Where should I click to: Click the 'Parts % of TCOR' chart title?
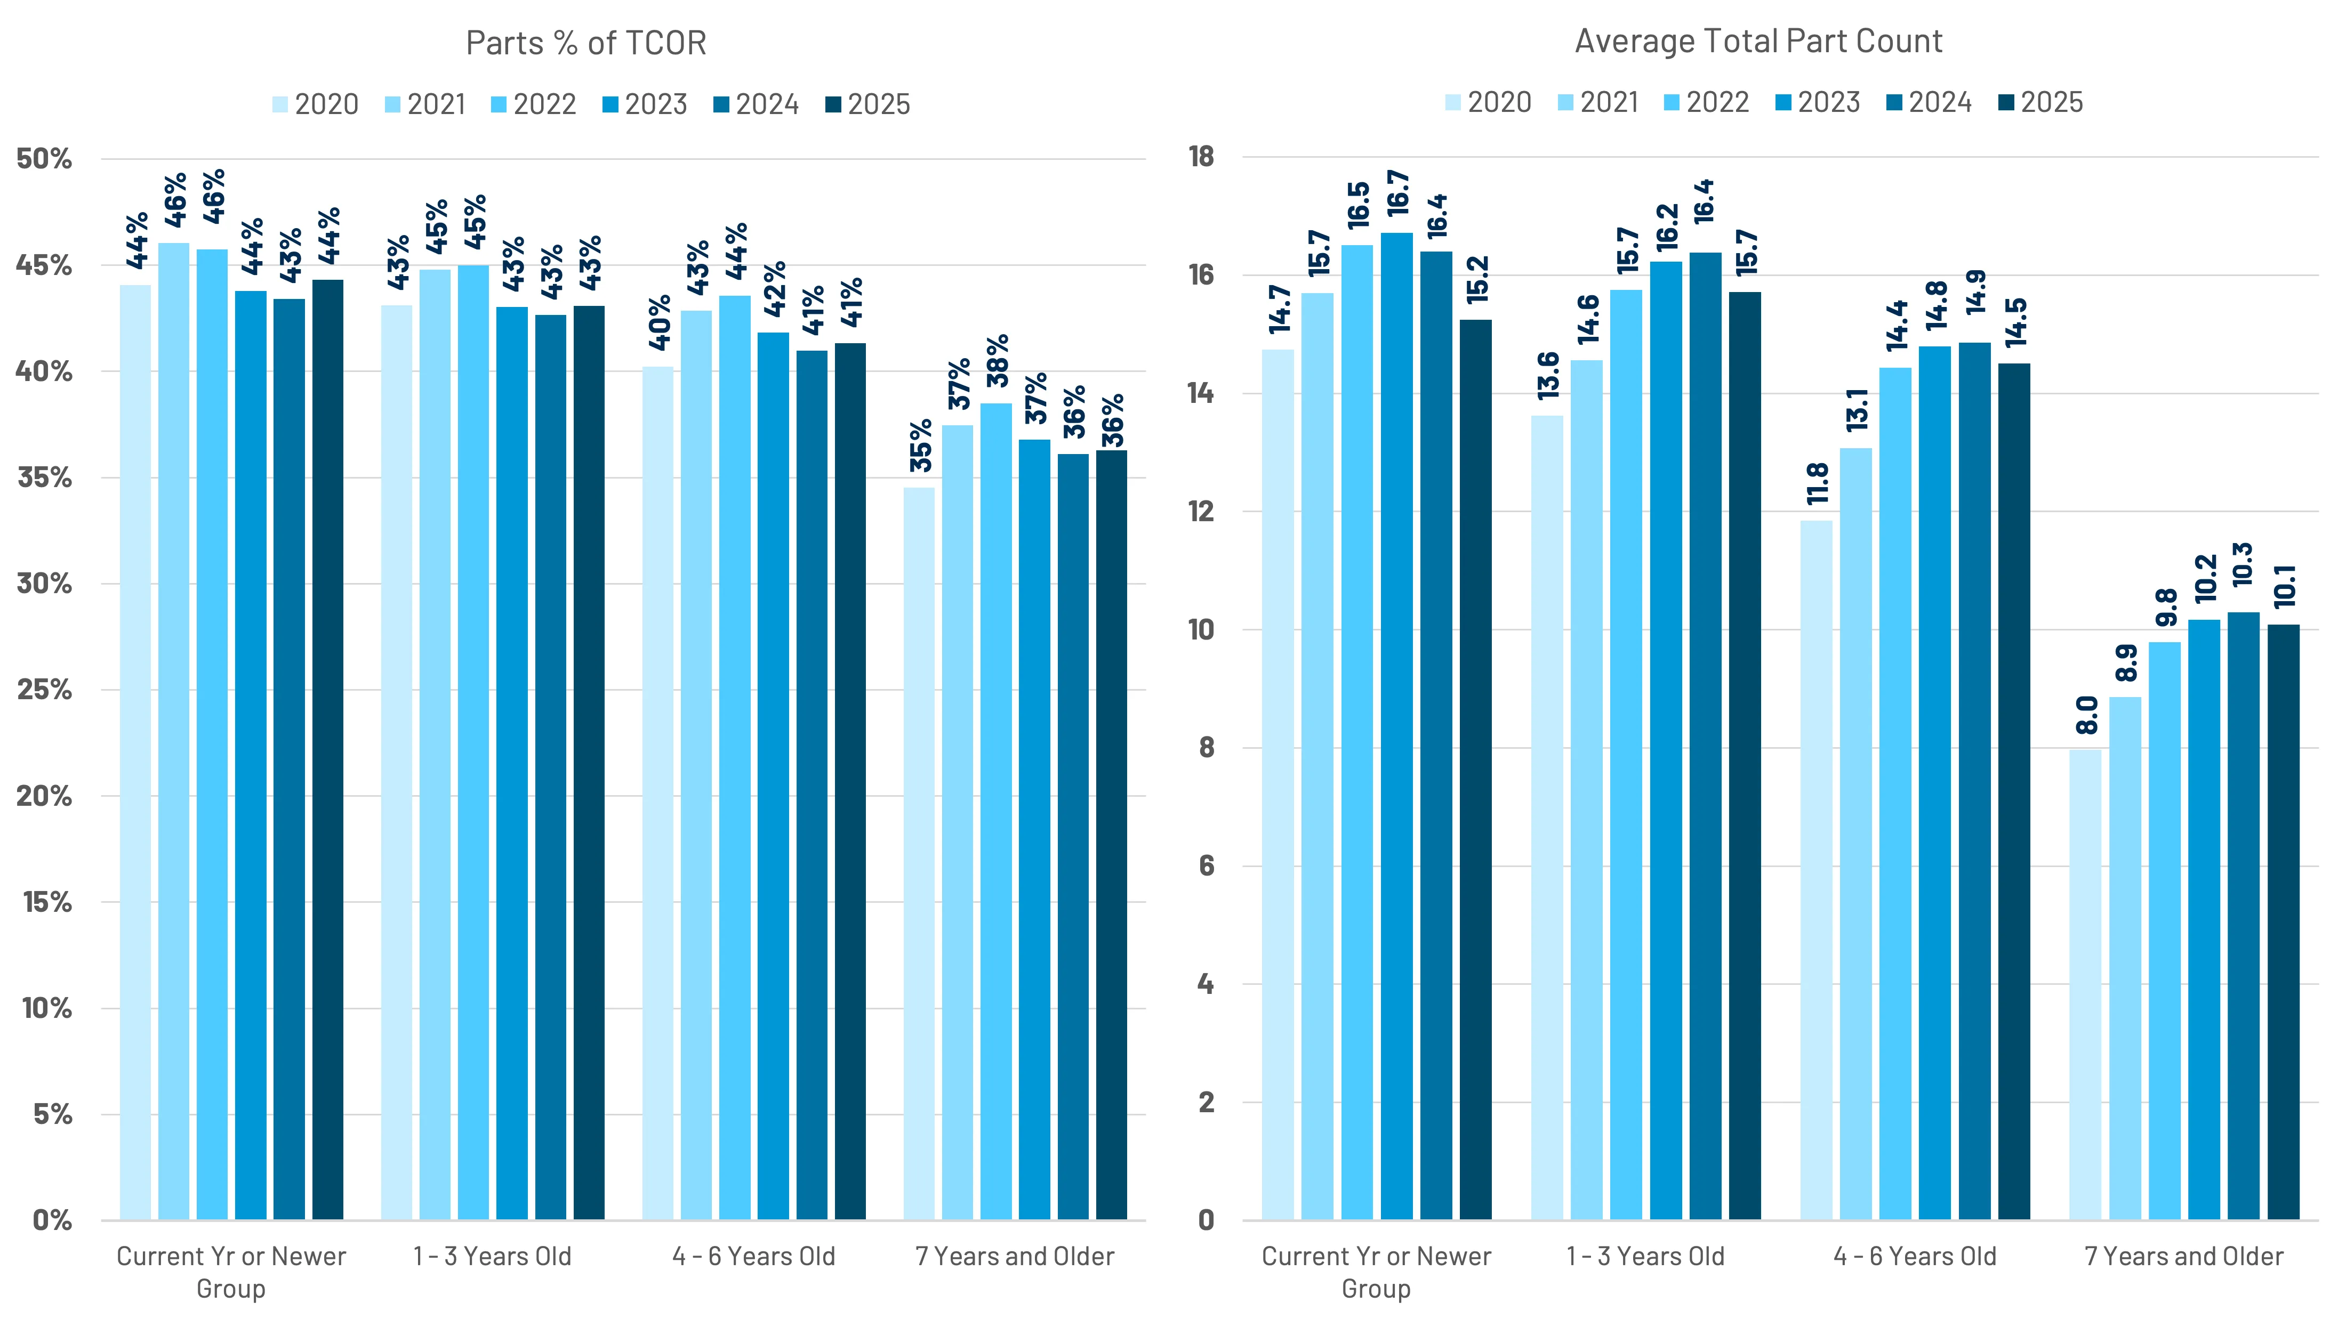585,43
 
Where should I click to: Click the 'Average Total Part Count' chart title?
1758,41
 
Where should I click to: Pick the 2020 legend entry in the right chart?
1488,102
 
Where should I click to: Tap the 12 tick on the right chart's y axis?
1201,512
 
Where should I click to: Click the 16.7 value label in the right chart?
1397,193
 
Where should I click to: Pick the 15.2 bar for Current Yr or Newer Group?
1475,769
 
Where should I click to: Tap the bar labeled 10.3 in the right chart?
2243,915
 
